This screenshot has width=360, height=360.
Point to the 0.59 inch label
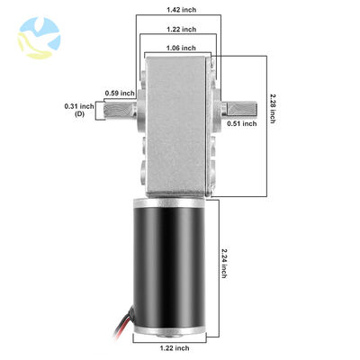120,93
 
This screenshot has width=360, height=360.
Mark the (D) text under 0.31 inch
81,115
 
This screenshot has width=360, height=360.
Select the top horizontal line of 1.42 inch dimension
184,16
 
